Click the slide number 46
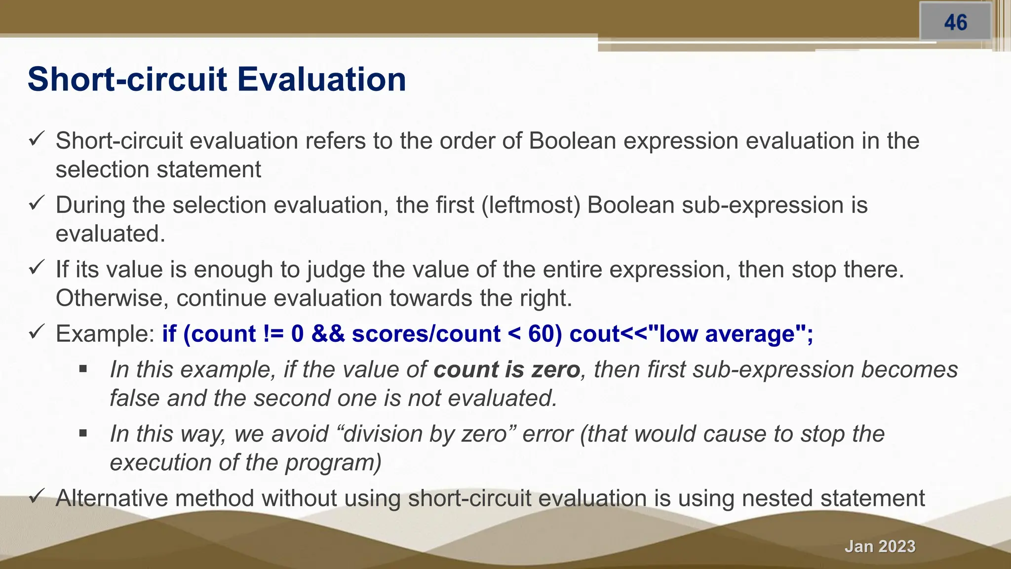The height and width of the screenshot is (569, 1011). pos(955,23)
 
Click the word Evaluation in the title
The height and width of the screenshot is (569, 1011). pos(321,80)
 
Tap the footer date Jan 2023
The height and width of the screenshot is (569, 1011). pos(880,546)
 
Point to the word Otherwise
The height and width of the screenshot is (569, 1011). pos(112,298)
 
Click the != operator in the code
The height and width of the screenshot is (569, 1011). pos(273,334)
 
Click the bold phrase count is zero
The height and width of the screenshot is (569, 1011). pos(506,370)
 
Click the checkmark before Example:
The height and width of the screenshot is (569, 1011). pos(37,332)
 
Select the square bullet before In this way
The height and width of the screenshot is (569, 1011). pos(83,434)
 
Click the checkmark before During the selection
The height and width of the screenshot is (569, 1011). pos(37,203)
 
